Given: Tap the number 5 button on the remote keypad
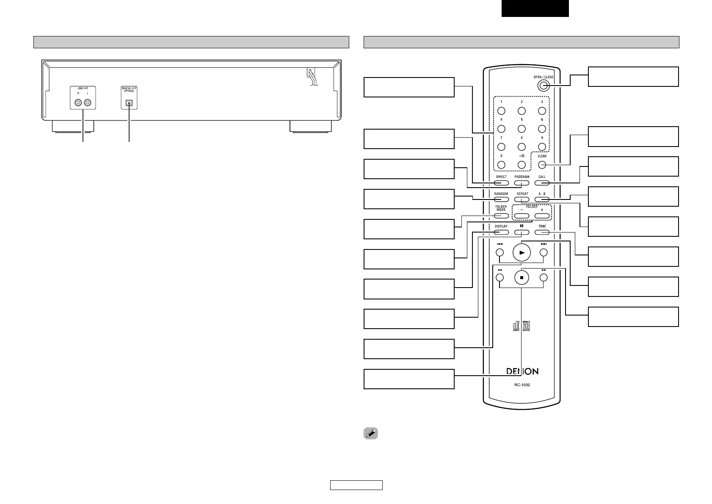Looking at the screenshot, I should [522, 129].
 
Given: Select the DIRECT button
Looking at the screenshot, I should [501, 183].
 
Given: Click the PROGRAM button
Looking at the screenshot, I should [522, 183].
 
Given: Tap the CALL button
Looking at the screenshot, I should [542, 183].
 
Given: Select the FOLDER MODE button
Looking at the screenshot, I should [501, 216].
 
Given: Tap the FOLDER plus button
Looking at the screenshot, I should [542, 216].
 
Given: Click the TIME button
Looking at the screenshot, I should [542, 232].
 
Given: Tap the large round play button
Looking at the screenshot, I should [522, 252].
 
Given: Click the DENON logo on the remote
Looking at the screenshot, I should [522, 371].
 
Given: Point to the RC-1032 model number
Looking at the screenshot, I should [522, 385].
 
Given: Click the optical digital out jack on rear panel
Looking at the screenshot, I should [129, 102].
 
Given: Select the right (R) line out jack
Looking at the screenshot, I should [78, 102].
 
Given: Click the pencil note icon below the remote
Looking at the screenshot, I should [370, 434].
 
